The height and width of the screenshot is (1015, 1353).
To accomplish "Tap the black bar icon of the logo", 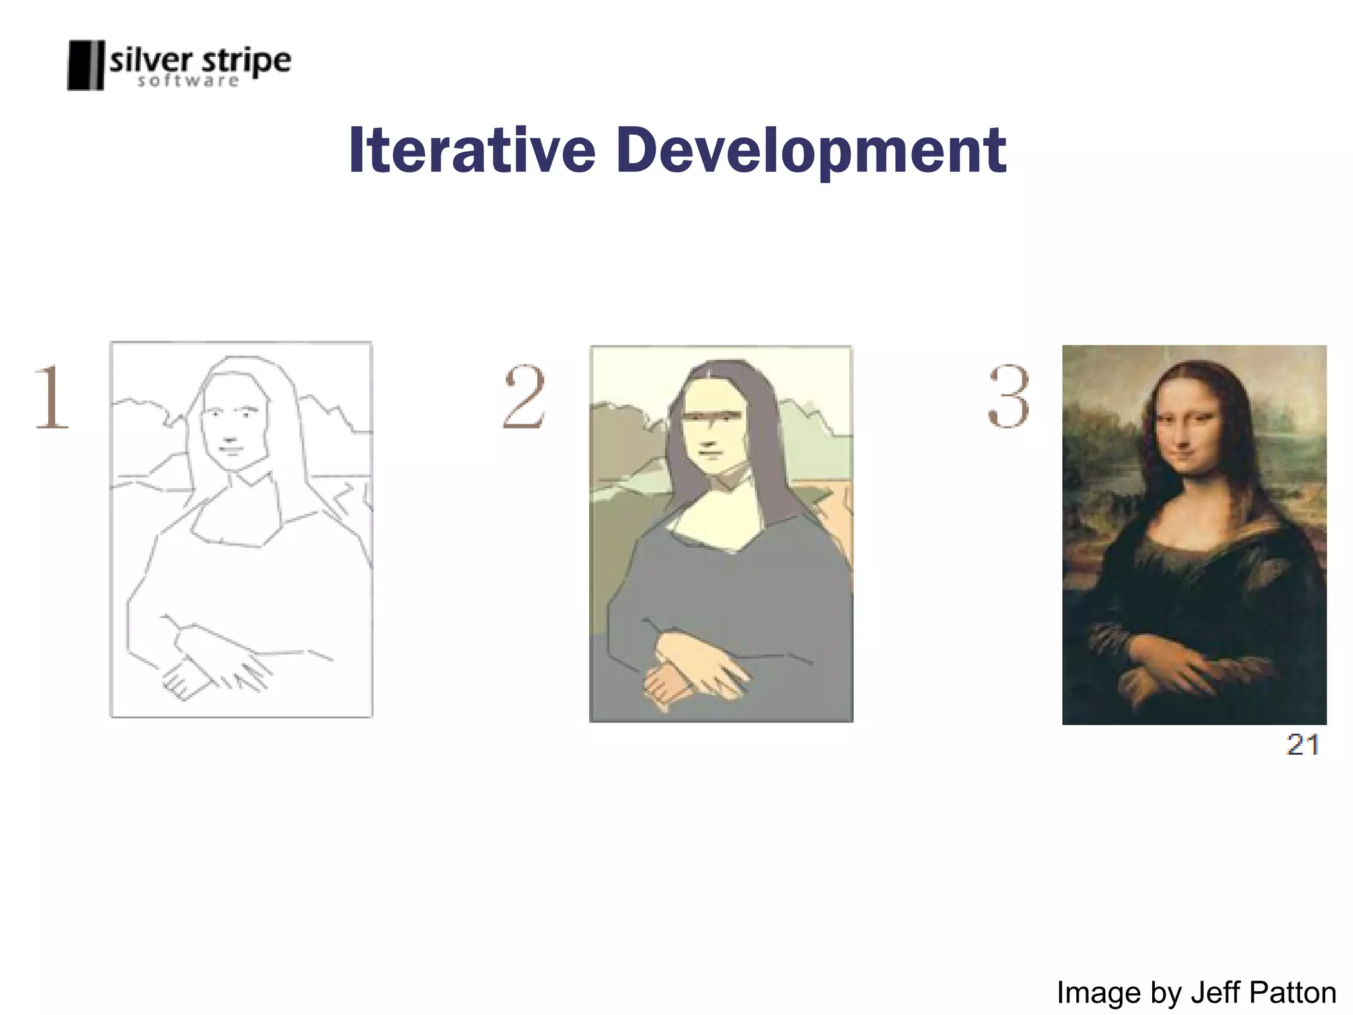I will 85,65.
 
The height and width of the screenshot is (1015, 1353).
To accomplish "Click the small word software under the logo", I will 188,81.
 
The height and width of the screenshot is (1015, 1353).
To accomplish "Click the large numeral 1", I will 52,397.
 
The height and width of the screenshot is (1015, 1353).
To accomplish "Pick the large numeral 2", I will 524,397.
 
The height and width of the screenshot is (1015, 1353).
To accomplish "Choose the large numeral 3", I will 1008,397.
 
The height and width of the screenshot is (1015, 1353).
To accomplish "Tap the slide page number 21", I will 1303,745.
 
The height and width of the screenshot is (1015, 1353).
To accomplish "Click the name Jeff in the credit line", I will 1217,993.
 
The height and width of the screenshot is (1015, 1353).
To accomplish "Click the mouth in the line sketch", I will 231,450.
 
